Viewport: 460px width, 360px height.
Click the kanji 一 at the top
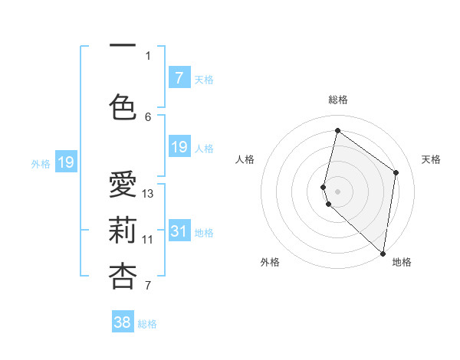coord(123,45)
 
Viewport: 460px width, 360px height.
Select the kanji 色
coord(123,106)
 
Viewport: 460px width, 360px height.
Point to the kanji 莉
coord(123,231)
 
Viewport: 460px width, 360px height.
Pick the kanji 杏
coord(123,277)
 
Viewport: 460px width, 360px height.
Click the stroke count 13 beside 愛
coord(148,193)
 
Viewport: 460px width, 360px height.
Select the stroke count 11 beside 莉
coord(148,239)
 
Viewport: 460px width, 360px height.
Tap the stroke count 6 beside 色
coord(148,116)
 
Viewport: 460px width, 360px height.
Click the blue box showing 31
coord(179,231)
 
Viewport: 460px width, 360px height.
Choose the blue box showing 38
coord(123,322)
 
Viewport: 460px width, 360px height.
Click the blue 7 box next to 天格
coord(179,78)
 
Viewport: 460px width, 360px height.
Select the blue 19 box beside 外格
coord(65,162)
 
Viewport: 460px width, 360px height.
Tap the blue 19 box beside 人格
coord(179,147)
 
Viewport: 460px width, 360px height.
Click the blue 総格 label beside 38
coord(147,323)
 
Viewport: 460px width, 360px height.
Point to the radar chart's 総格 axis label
coord(338,100)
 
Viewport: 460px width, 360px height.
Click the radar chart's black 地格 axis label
coord(402,262)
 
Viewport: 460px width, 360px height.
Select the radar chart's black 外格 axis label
coord(270,262)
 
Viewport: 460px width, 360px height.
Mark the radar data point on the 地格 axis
coord(383,254)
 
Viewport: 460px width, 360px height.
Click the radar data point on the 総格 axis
coord(337,131)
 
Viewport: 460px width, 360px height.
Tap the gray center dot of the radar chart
coord(338,191)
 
